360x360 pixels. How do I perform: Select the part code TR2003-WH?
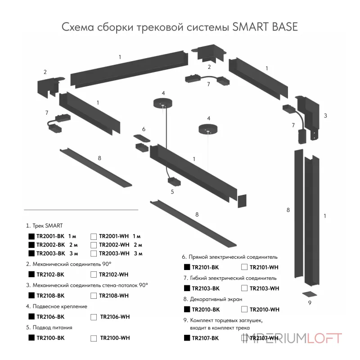point(113,253)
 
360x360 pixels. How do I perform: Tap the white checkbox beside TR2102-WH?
point(93,274)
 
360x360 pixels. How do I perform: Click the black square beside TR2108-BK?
point(31,295)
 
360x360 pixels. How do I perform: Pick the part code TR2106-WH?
point(114,316)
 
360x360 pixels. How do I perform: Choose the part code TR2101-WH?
point(264,267)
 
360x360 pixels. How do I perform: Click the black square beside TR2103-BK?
point(187,288)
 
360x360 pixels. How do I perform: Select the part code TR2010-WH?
point(264,309)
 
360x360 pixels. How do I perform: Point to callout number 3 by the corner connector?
point(325,116)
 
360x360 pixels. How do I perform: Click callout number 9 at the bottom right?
point(310,303)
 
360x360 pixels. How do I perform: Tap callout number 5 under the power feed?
point(172,192)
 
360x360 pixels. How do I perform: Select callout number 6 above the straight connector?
point(144,129)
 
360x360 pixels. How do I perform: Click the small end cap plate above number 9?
point(309,294)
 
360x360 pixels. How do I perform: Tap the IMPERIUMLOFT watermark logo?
point(292,338)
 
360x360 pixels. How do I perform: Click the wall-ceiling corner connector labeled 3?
point(308,117)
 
